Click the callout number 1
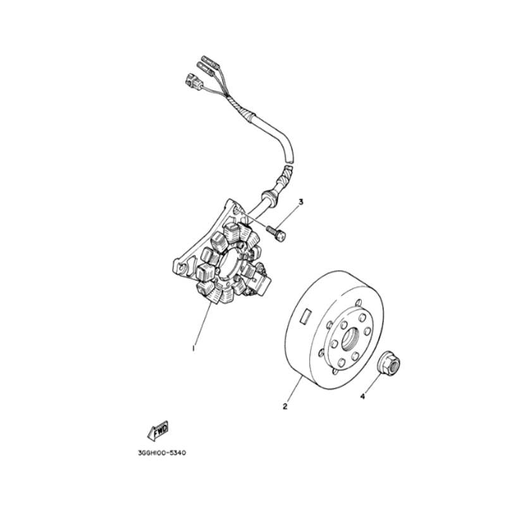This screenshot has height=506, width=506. pyautogui.click(x=194, y=349)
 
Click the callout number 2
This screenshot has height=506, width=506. pyautogui.click(x=285, y=406)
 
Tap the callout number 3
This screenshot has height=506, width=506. pyautogui.click(x=301, y=202)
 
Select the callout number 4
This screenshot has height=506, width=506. pyautogui.click(x=362, y=397)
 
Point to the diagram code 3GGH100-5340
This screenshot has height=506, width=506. pyautogui.click(x=162, y=453)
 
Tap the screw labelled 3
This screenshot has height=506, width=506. pyautogui.click(x=276, y=233)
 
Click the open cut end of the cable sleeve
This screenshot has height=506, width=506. pyautogui.click(x=290, y=159)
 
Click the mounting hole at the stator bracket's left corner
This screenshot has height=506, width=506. pyautogui.click(x=182, y=268)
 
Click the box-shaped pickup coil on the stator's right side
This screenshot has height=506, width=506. pyautogui.click(x=262, y=282)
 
